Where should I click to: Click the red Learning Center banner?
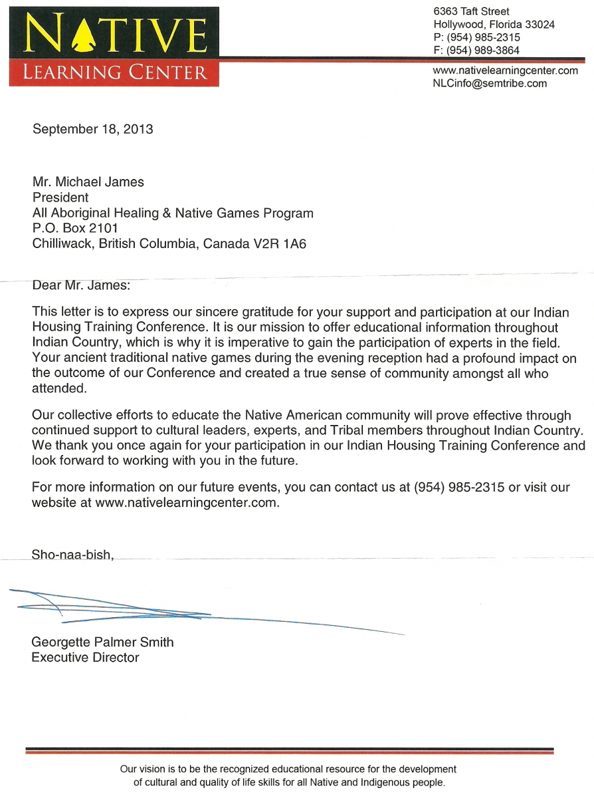pyautogui.click(x=114, y=72)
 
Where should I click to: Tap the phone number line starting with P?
pyautogui.click(x=476, y=37)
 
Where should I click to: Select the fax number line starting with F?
pyautogui.click(x=476, y=50)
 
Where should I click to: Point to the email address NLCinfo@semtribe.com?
pyautogui.click(x=490, y=83)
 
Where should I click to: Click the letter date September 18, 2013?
pyautogui.click(x=93, y=129)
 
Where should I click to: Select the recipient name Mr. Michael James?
pyautogui.click(x=88, y=182)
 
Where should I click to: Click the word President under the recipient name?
pyautogui.click(x=60, y=198)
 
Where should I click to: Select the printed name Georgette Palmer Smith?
pyautogui.click(x=102, y=642)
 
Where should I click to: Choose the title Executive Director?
pyautogui.click(x=86, y=658)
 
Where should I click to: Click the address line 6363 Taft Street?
pyautogui.click(x=471, y=11)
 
